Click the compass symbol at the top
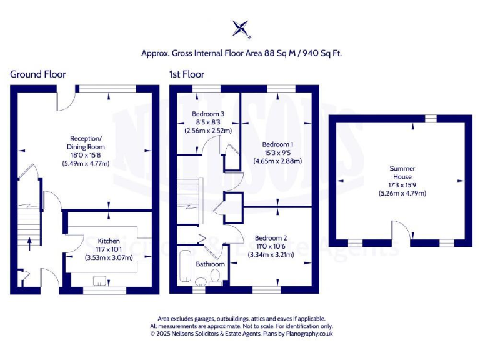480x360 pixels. point(241,29)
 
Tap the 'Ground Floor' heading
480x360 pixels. point(37,74)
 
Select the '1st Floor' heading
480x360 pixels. point(186,74)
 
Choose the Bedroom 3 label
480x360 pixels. point(208,114)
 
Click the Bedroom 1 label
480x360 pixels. point(277,143)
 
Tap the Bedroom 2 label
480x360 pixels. point(271,238)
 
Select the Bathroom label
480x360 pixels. point(210,264)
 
